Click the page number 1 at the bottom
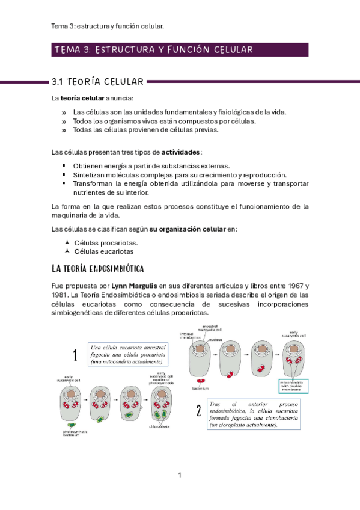pos(180,476)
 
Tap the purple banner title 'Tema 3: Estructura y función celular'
pos(153,50)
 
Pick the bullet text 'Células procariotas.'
pos(105,243)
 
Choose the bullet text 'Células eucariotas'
pos(103,251)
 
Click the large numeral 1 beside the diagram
pos(75,355)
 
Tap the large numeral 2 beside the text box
pos(198,411)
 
